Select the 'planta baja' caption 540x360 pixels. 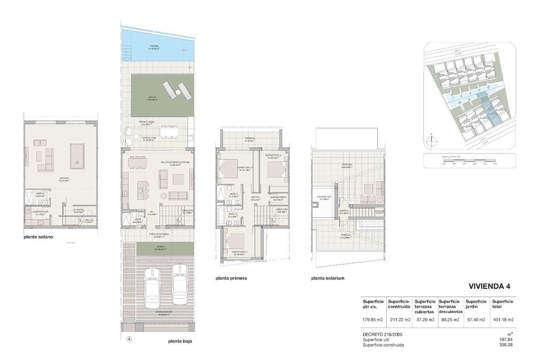tap(180, 341)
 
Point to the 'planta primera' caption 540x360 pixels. tap(231, 278)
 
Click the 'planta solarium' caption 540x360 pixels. tap(328, 278)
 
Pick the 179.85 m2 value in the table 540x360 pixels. tap(372, 320)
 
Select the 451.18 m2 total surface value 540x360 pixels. tap(503, 320)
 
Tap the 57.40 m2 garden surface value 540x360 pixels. tap(475, 320)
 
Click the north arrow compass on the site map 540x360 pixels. tap(432, 139)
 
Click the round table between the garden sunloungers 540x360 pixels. tap(178, 93)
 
